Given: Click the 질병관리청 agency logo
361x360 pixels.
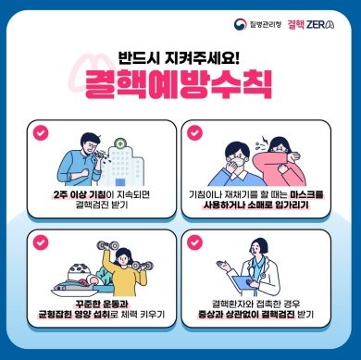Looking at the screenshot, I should [262, 21].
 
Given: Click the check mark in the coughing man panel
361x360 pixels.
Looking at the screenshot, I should [40, 132].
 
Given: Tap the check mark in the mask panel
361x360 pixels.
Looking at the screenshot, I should [195, 132].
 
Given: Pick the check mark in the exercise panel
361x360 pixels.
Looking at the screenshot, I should [40, 243].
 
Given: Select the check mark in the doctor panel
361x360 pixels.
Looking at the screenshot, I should [195, 243].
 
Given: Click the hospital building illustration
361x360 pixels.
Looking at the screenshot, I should [118, 159].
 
